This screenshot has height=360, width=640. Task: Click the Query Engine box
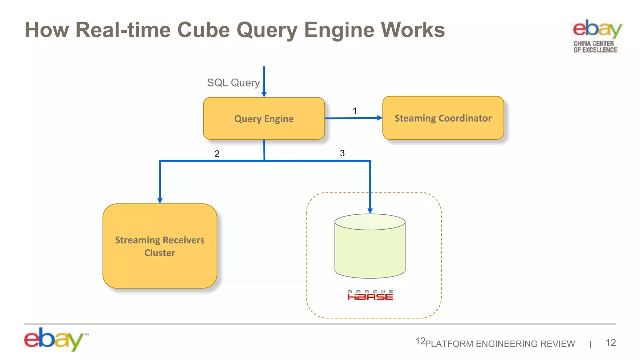click(264, 118)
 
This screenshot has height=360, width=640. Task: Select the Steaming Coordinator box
click(443, 118)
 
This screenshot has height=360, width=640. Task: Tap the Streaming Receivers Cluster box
click(160, 246)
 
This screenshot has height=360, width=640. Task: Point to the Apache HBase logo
click(370, 295)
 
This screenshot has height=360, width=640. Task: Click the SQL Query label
click(233, 83)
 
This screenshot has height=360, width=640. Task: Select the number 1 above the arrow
click(355, 111)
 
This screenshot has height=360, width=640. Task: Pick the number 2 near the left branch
click(217, 154)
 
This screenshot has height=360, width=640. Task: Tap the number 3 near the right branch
click(342, 153)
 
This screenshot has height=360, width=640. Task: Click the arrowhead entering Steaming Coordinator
click(380, 118)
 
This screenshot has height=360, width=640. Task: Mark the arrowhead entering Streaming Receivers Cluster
click(160, 201)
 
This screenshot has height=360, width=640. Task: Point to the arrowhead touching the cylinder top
click(370, 211)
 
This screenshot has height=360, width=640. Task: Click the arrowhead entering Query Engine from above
click(264, 94)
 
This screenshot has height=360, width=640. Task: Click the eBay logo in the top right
click(597, 29)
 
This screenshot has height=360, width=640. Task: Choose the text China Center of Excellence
click(595, 47)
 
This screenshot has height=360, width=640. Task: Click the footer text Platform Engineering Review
click(500, 344)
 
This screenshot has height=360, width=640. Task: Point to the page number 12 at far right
click(610, 343)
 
